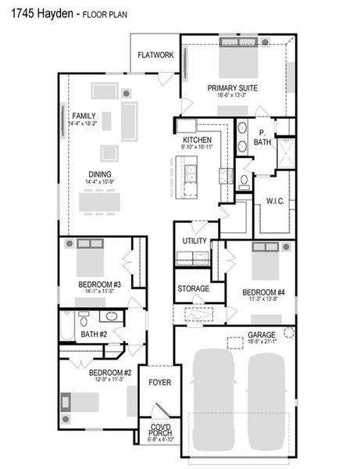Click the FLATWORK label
pos(155,55)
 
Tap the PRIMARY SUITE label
pos(233,88)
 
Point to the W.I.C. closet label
pos(275,201)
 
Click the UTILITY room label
pos(194,241)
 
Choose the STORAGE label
pos(193,288)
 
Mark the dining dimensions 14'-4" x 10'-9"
pos(99,182)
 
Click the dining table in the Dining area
pos(99,200)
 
